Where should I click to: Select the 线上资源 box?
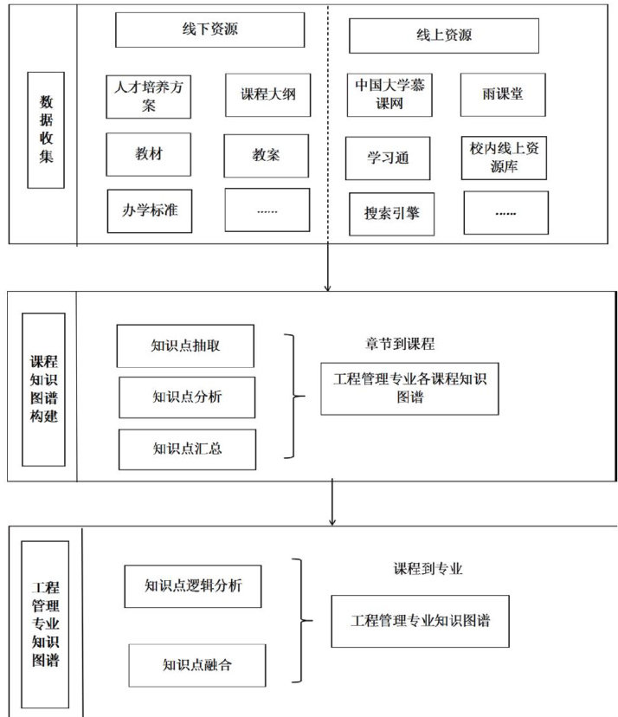[443, 36]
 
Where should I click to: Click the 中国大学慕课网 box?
[389, 95]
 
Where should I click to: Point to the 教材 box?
[148, 155]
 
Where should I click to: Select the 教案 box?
[266, 156]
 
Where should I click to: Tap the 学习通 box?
[388, 158]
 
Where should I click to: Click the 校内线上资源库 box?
[503, 157]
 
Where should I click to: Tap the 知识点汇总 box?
[187, 449]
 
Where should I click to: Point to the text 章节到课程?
[399, 344]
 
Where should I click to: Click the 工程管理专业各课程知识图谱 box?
[409, 388]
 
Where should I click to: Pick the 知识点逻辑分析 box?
[192, 585]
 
